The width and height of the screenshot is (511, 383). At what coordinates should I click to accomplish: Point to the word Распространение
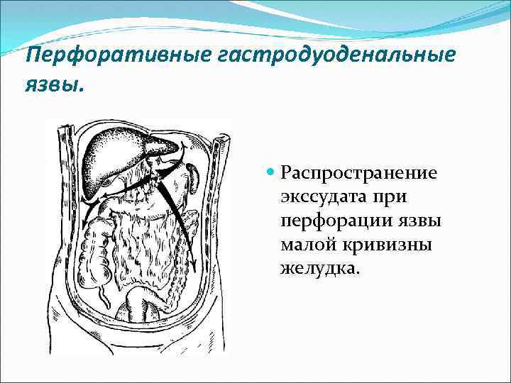358,172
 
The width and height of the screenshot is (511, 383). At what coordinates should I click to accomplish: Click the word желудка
319,269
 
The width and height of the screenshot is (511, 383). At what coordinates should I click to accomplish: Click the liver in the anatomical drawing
121,152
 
